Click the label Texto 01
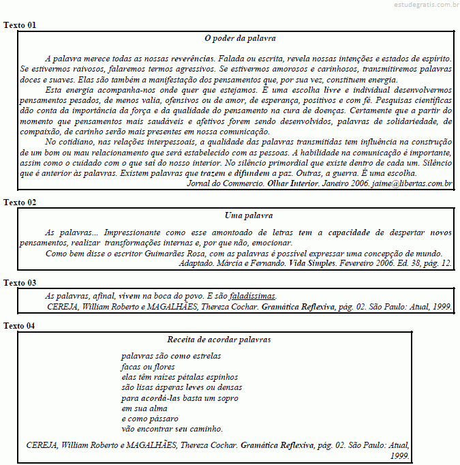pyautogui.click(x=20, y=25)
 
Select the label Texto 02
pyautogui.click(x=20, y=202)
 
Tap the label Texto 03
pyautogui.click(x=20, y=282)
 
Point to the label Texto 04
pyautogui.click(x=20, y=325)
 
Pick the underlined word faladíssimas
pyautogui.click(x=252, y=296)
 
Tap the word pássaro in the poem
pyautogui.click(x=164, y=418)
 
